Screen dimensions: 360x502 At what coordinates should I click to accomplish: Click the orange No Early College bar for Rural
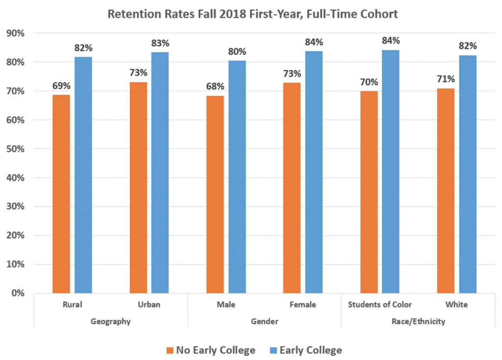[61, 194]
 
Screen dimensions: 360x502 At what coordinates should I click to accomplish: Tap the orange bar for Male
[215, 194]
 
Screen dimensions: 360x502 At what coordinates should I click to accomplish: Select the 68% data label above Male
[215, 86]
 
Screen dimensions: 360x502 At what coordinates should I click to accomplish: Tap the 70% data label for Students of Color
[369, 81]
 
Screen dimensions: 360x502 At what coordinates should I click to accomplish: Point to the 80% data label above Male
[237, 51]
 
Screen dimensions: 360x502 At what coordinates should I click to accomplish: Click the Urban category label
[149, 305]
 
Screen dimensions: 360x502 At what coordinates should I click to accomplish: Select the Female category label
[303, 305]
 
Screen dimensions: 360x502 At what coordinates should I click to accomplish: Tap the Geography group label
[111, 322]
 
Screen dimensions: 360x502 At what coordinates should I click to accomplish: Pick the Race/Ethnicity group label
[418, 322]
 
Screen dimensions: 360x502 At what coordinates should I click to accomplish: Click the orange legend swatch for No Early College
[170, 350]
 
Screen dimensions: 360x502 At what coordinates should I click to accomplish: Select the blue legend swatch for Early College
[274, 350]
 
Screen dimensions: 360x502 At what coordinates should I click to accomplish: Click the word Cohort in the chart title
[379, 14]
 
